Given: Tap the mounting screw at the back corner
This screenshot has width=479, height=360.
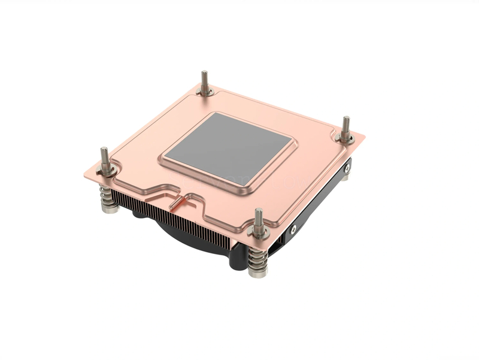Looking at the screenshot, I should coord(205,84).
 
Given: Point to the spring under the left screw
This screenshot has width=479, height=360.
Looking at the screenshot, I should coord(108,194).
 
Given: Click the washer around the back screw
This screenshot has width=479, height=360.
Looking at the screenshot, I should coord(205,92).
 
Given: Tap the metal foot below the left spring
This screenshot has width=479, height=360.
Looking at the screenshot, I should coord(109,208).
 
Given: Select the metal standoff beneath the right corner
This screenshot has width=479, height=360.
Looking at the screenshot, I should coord(345,176).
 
